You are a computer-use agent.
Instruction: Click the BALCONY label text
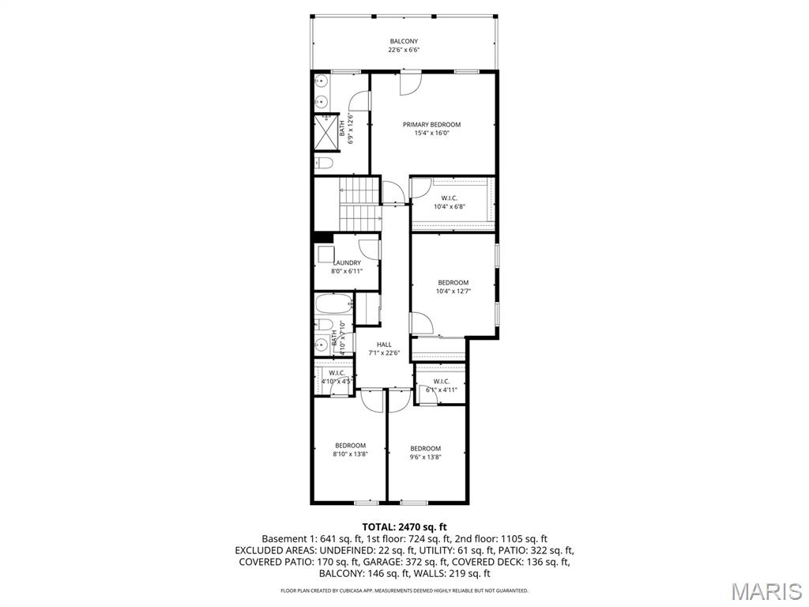pos(404,41)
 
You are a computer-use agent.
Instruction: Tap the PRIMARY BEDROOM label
pos(431,124)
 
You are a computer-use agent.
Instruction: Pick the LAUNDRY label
pos(347,262)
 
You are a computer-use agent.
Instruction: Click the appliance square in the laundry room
pos(325,254)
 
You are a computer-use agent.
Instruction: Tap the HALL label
pos(384,345)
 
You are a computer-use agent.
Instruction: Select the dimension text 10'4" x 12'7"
pos(453,292)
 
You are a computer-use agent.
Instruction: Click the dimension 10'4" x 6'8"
pos(450,207)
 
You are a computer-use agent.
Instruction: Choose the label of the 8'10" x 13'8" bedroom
pos(350,445)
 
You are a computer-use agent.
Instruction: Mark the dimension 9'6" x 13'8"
pos(425,457)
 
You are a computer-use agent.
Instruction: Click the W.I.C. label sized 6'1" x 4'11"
pos(441,382)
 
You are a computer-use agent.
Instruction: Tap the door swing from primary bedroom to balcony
pos(410,83)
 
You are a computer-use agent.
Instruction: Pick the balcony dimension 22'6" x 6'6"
pos(404,50)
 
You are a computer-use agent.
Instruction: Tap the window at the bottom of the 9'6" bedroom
pos(413,502)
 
